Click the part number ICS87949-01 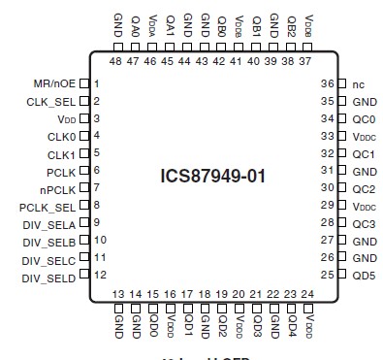[x=212, y=178]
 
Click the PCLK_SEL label [x=48, y=206]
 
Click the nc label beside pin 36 [x=358, y=83]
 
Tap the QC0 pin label [x=363, y=119]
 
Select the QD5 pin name [x=363, y=275]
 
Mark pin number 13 [x=118, y=294]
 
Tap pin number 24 [x=307, y=294]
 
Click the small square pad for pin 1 [x=84, y=83]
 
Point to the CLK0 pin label [x=60, y=136]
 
